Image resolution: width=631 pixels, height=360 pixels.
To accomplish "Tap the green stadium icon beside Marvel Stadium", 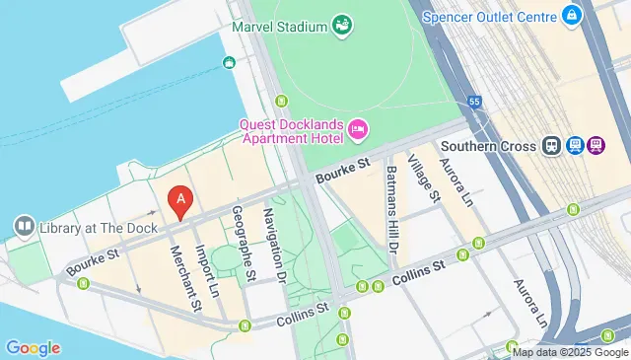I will click(342, 23).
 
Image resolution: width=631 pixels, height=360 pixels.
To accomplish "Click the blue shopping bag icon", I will click(571, 15).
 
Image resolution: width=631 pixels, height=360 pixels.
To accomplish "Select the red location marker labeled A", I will click(179, 202).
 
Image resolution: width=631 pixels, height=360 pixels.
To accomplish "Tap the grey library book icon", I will click(23, 228).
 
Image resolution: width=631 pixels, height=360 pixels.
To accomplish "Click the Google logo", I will click(33, 347).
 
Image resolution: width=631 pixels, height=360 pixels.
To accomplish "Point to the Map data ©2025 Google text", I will click(569, 351).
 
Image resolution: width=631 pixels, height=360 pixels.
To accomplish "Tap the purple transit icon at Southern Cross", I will click(596, 146).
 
